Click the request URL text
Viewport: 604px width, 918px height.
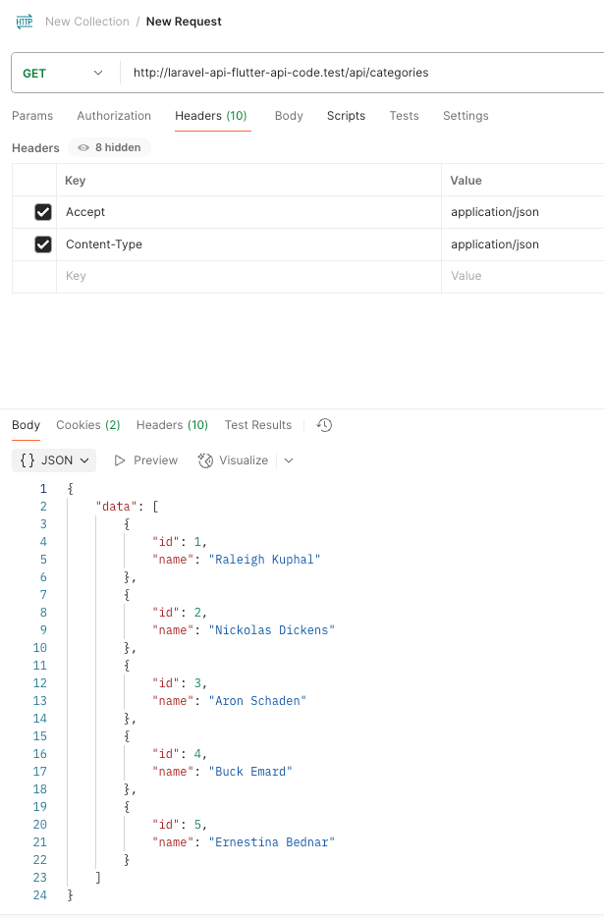(x=281, y=73)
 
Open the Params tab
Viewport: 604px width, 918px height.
(x=32, y=116)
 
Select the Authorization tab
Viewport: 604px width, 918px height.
(x=114, y=116)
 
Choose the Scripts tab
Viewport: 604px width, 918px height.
(x=346, y=116)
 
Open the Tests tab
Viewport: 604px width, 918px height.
(x=404, y=116)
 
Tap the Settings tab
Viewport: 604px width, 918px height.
(x=466, y=116)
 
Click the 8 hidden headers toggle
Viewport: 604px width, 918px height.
(x=109, y=147)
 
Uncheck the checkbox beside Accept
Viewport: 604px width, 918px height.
(x=43, y=212)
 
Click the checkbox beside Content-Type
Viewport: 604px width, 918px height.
(x=43, y=244)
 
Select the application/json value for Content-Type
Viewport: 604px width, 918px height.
(x=495, y=244)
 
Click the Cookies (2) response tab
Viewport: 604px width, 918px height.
(x=87, y=425)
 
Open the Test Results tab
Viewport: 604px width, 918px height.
(x=257, y=425)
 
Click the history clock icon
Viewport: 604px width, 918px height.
(x=325, y=425)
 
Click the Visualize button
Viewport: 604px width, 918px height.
(x=234, y=460)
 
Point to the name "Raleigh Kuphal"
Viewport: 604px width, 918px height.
(x=265, y=560)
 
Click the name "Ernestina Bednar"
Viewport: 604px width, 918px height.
(x=271, y=842)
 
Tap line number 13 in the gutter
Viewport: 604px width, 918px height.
(x=40, y=701)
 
